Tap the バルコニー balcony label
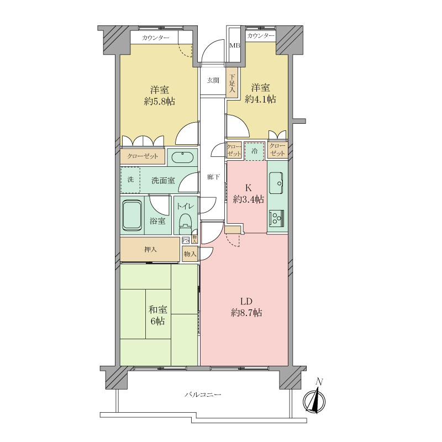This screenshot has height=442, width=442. (203, 394)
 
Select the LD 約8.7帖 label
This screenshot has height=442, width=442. (246, 307)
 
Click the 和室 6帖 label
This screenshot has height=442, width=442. (158, 315)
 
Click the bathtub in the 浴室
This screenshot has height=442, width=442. (132, 215)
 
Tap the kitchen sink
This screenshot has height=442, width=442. (276, 183)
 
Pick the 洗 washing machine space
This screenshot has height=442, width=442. (130, 180)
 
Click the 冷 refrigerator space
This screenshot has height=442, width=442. (255, 151)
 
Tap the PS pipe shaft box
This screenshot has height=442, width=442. (186, 240)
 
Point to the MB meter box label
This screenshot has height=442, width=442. (234, 46)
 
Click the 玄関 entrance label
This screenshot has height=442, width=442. (213, 80)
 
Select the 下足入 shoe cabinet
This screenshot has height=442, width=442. (233, 83)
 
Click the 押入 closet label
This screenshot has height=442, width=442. (150, 250)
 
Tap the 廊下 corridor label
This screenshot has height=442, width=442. (213, 177)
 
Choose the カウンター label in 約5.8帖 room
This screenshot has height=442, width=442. (156, 38)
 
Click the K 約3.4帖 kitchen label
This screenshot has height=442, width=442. (248, 194)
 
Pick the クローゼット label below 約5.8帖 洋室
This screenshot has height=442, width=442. (143, 156)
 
